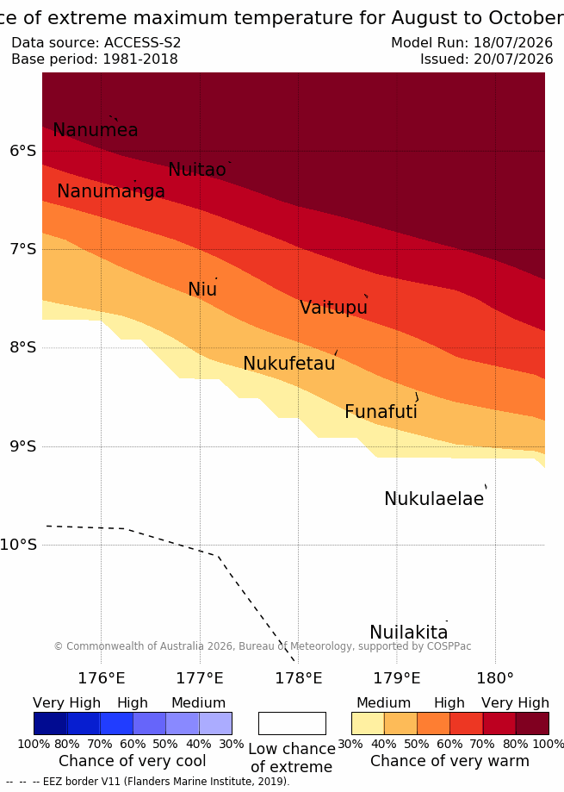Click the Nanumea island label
coord(96,130)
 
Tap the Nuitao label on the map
coord(197,170)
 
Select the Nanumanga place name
coord(111,191)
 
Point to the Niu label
coord(202,289)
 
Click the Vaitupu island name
coord(333,308)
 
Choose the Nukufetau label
coord(289,363)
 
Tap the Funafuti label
coord(381,412)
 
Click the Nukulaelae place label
coord(434,498)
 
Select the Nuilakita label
coord(409,632)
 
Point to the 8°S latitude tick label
coord(23,347)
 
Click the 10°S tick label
coord(19,545)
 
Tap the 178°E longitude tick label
coord(298,678)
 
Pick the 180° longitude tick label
coord(495,678)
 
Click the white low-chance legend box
coord(292,723)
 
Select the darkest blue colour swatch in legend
coord(51,723)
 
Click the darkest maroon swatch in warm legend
coord(532,723)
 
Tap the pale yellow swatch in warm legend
coord(368,723)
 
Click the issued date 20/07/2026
coord(513,59)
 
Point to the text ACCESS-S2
coord(142,42)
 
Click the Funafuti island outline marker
coord(417,397)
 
